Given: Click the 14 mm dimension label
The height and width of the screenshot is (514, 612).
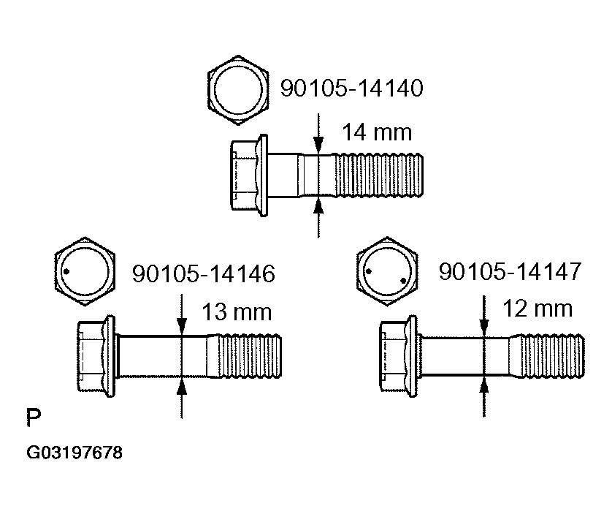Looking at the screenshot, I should click(377, 133).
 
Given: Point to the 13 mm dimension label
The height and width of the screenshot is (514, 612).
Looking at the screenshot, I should click(236, 313).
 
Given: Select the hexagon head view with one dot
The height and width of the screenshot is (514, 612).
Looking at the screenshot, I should click(85, 270).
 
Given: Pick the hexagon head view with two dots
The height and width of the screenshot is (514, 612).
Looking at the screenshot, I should click(386, 271).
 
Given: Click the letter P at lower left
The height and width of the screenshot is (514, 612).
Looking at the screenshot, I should click(33, 419).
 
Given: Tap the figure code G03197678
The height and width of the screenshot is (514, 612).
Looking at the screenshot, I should click(74, 453).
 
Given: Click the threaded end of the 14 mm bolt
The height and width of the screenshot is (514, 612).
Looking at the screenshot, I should click(380, 173).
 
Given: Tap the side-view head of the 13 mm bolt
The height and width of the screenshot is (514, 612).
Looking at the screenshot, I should click(95, 356).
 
